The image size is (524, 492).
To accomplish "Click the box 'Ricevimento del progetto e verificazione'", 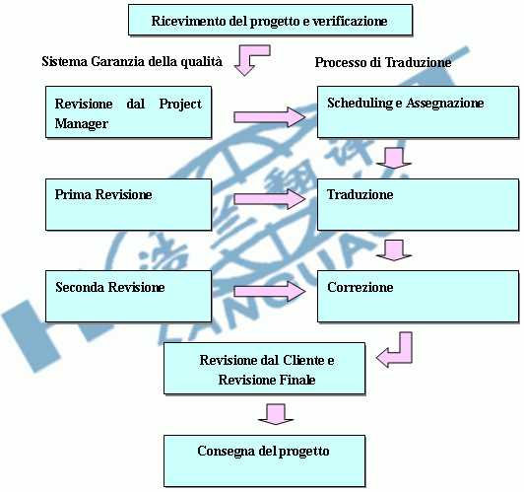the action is coord(270,20).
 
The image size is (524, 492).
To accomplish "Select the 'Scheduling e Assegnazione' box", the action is coord(418,112).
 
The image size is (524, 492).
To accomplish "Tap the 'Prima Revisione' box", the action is coord(129,204).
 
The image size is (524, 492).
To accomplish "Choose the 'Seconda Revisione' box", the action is coord(129,297).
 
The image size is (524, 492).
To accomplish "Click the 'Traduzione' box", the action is coord(418,204).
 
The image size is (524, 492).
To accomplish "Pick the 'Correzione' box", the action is coord(418,297).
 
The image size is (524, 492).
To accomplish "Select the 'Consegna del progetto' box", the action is coord(264,460).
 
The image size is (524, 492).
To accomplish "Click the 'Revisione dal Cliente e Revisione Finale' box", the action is coord(264,368).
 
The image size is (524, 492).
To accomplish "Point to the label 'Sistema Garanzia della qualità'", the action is coord(132,61).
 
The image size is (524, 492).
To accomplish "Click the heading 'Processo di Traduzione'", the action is coord(383,62).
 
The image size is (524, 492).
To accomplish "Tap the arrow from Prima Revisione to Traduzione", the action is coord(269,199).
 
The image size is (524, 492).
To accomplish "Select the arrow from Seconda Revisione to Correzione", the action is coord(269,291).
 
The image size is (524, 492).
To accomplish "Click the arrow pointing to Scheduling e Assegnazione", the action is coord(269,117).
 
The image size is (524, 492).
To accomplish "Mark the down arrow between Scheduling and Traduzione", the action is coord(394,159).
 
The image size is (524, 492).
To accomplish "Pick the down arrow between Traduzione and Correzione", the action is coord(394,250).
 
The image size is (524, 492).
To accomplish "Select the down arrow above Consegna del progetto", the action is coord(276,415).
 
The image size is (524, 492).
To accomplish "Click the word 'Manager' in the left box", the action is coord(82,124).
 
